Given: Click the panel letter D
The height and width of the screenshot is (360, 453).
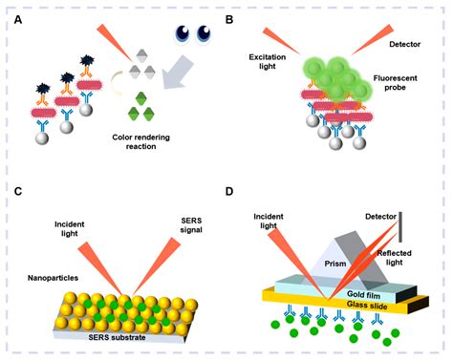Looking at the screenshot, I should tap(236, 192).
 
